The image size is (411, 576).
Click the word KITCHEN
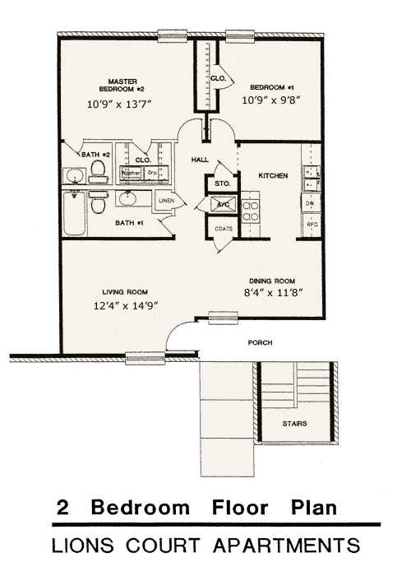[x=272, y=176]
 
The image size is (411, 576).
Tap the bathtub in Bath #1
[x=72, y=211]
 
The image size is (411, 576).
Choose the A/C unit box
[x=223, y=204]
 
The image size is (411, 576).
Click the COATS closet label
[x=223, y=230]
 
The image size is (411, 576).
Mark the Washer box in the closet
[x=131, y=174]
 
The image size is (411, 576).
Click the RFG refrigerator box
[x=312, y=224]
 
